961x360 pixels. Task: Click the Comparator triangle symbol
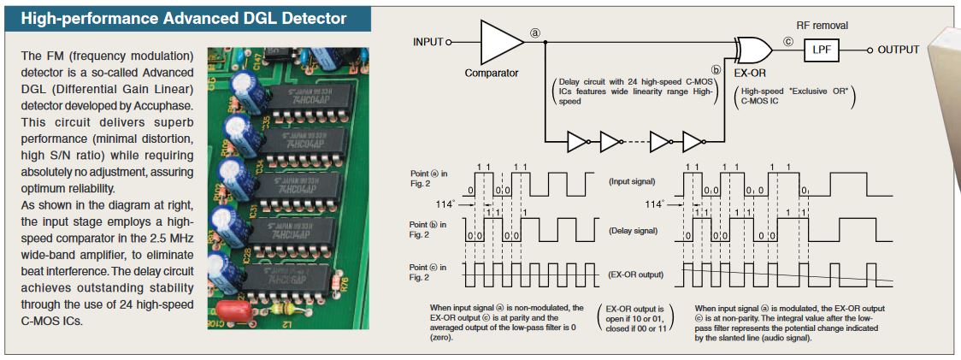coord(501,40)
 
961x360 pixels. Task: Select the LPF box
coord(821,50)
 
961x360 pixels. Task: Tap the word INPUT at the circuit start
coord(428,41)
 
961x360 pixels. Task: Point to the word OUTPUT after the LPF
coord(899,50)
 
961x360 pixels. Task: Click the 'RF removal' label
coord(821,27)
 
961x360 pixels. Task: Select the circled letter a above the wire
coord(536,32)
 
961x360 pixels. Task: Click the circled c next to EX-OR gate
coord(787,41)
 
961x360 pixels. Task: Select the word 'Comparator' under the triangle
coord(492,74)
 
